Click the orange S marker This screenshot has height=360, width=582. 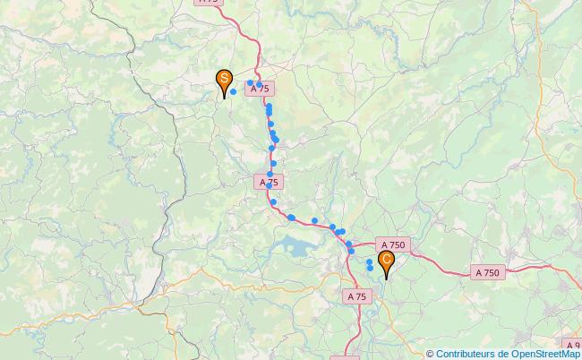(223, 80)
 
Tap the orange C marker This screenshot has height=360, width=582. (387, 261)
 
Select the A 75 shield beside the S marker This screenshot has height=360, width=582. (259, 90)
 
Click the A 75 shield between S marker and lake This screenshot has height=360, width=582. (269, 182)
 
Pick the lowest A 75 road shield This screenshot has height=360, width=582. (355, 296)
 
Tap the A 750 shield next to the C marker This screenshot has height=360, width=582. (393, 244)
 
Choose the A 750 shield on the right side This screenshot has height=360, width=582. (488, 272)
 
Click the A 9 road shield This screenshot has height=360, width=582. (572, 345)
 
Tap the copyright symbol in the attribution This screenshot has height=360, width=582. (430, 354)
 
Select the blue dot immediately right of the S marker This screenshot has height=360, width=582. (234, 91)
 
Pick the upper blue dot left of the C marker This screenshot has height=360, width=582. (370, 261)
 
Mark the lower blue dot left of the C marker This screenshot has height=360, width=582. (370, 269)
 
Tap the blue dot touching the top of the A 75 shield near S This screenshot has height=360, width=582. (259, 84)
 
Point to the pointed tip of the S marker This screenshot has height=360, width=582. (223, 97)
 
